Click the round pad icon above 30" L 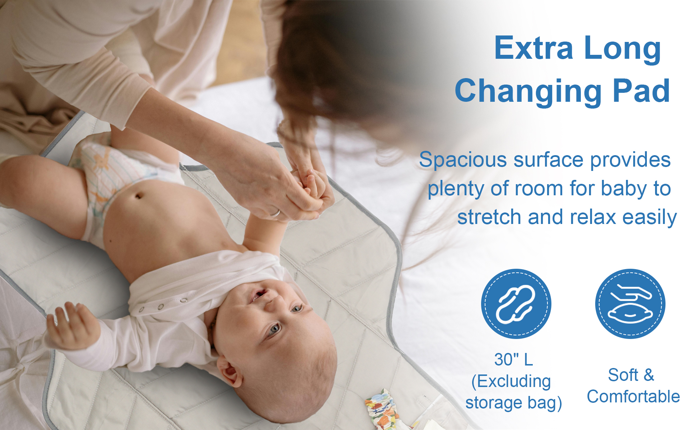(x=516, y=304)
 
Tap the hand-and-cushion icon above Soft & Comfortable (x=630, y=304)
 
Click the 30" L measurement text (x=513, y=359)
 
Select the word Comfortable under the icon (x=633, y=397)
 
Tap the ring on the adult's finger (x=275, y=214)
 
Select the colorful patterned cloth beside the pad (x=382, y=410)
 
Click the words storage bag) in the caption (x=514, y=403)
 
